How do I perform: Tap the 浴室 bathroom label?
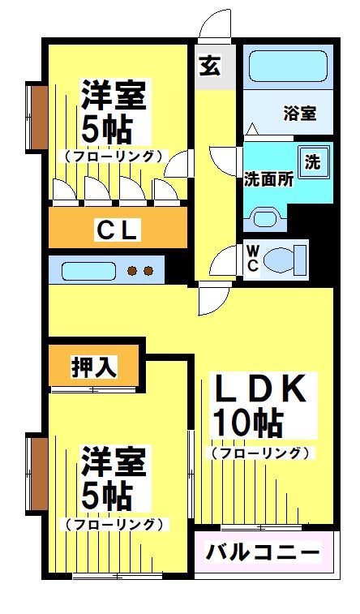299,114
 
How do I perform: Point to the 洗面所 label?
268,179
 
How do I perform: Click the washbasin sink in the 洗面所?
266,217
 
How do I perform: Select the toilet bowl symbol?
285,260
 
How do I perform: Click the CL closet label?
118,230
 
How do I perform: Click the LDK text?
259,390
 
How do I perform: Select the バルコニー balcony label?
263,553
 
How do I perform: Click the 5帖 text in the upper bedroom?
106,128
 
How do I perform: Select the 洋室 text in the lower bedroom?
114,464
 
